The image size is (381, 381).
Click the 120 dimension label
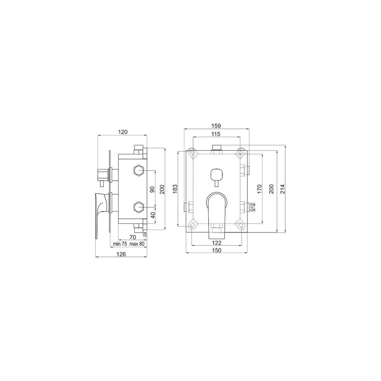point(123,132)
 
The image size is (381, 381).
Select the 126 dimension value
point(121,254)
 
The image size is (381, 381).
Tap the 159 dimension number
point(216,125)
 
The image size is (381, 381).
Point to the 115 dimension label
point(216,134)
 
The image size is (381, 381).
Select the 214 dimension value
point(283,189)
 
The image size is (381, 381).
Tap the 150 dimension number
point(217,250)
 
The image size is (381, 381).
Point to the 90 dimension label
point(152,190)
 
